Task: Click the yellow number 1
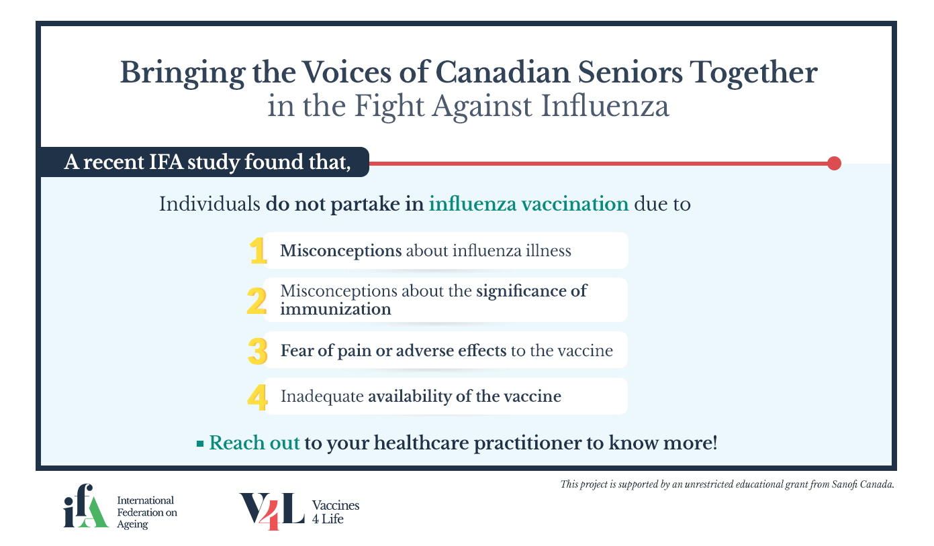(258, 250)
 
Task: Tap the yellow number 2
(256, 301)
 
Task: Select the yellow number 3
(257, 351)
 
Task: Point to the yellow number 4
(257, 397)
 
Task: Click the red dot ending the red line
(834, 163)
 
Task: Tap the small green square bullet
(200, 444)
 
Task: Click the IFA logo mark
(86, 506)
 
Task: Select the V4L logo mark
(272, 511)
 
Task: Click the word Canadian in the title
(503, 72)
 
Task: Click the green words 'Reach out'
(254, 443)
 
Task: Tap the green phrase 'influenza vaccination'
(528, 204)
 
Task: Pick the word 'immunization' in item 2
(336, 309)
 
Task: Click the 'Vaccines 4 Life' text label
(336, 512)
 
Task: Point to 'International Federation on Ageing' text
(147, 512)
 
